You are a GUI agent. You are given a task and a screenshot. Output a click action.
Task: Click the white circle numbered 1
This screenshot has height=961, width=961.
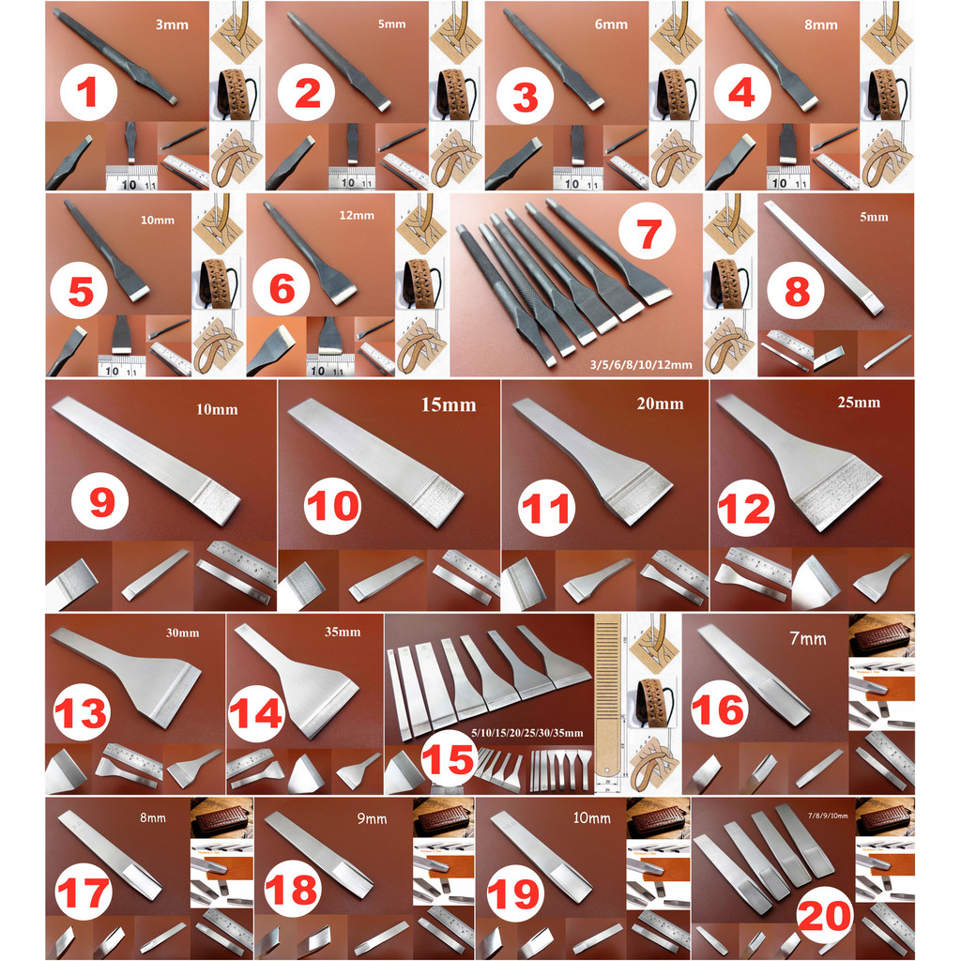(87, 93)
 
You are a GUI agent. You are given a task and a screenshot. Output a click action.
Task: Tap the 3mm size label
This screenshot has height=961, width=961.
(172, 25)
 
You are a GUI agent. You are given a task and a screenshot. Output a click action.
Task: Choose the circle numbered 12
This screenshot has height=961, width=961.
(744, 508)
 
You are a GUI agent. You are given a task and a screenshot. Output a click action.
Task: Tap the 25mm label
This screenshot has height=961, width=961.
(858, 403)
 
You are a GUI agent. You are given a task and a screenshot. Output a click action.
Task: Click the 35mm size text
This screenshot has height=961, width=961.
(342, 632)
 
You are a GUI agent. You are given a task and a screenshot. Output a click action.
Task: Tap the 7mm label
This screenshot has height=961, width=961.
(807, 639)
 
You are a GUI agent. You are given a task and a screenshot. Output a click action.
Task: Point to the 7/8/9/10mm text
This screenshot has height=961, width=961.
(826, 816)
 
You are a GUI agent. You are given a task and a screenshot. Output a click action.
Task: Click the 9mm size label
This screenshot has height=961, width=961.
(366, 819)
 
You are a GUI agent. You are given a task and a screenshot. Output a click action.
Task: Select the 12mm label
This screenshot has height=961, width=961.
(357, 216)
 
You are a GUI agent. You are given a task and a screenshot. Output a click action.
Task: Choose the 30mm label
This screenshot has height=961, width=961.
(182, 633)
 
